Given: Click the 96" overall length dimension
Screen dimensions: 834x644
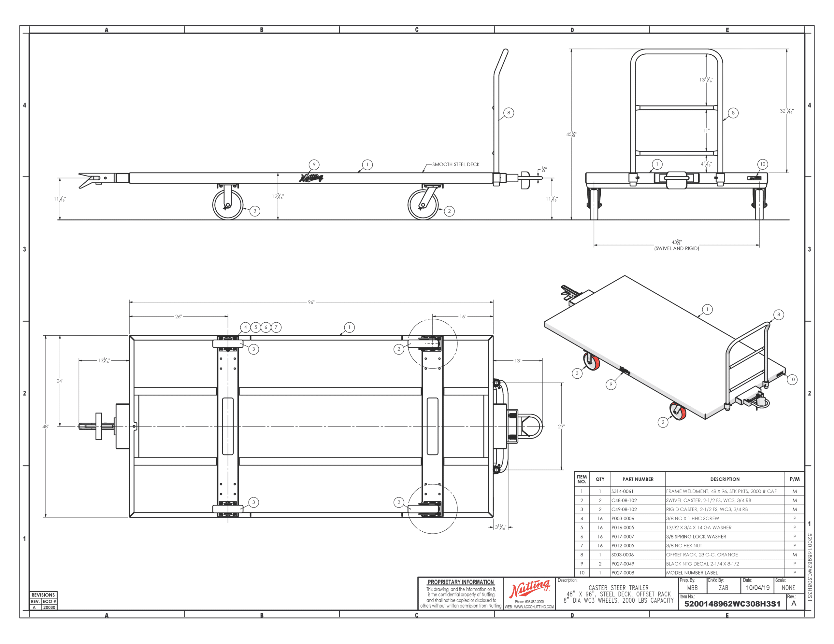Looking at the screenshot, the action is (311, 302).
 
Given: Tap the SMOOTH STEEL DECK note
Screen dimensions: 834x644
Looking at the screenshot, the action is (455, 164).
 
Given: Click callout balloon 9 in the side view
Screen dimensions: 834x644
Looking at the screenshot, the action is (314, 164).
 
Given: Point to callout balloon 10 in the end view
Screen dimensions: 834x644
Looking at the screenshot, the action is (763, 164).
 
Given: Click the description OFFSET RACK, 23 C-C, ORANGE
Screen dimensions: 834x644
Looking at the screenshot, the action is (702, 555).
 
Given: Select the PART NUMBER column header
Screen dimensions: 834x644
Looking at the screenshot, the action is (638, 479).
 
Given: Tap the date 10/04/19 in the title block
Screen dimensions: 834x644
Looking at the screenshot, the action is (758, 588).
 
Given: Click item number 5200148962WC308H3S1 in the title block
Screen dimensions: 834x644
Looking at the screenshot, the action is (732, 604).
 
